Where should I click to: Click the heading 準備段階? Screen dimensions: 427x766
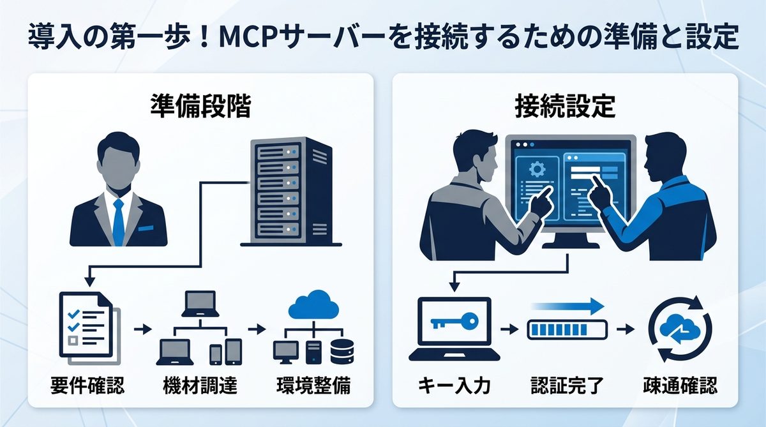tap(200, 105)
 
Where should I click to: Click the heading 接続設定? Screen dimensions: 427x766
tap(564, 105)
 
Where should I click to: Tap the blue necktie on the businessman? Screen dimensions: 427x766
tap(118, 221)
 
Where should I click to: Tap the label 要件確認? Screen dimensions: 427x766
tap(87, 386)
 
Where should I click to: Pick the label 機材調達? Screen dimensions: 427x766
tap(200, 386)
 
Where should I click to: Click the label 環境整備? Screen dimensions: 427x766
tap(313, 386)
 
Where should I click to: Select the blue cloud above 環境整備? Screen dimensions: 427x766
tap(313, 305)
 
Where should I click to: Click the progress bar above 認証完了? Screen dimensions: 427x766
tap(567, 330)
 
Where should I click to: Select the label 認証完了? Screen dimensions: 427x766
tap(567, 386)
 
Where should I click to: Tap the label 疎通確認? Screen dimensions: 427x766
tap(679, 386)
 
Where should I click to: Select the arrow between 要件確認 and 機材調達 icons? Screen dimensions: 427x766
tap(143, 330)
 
